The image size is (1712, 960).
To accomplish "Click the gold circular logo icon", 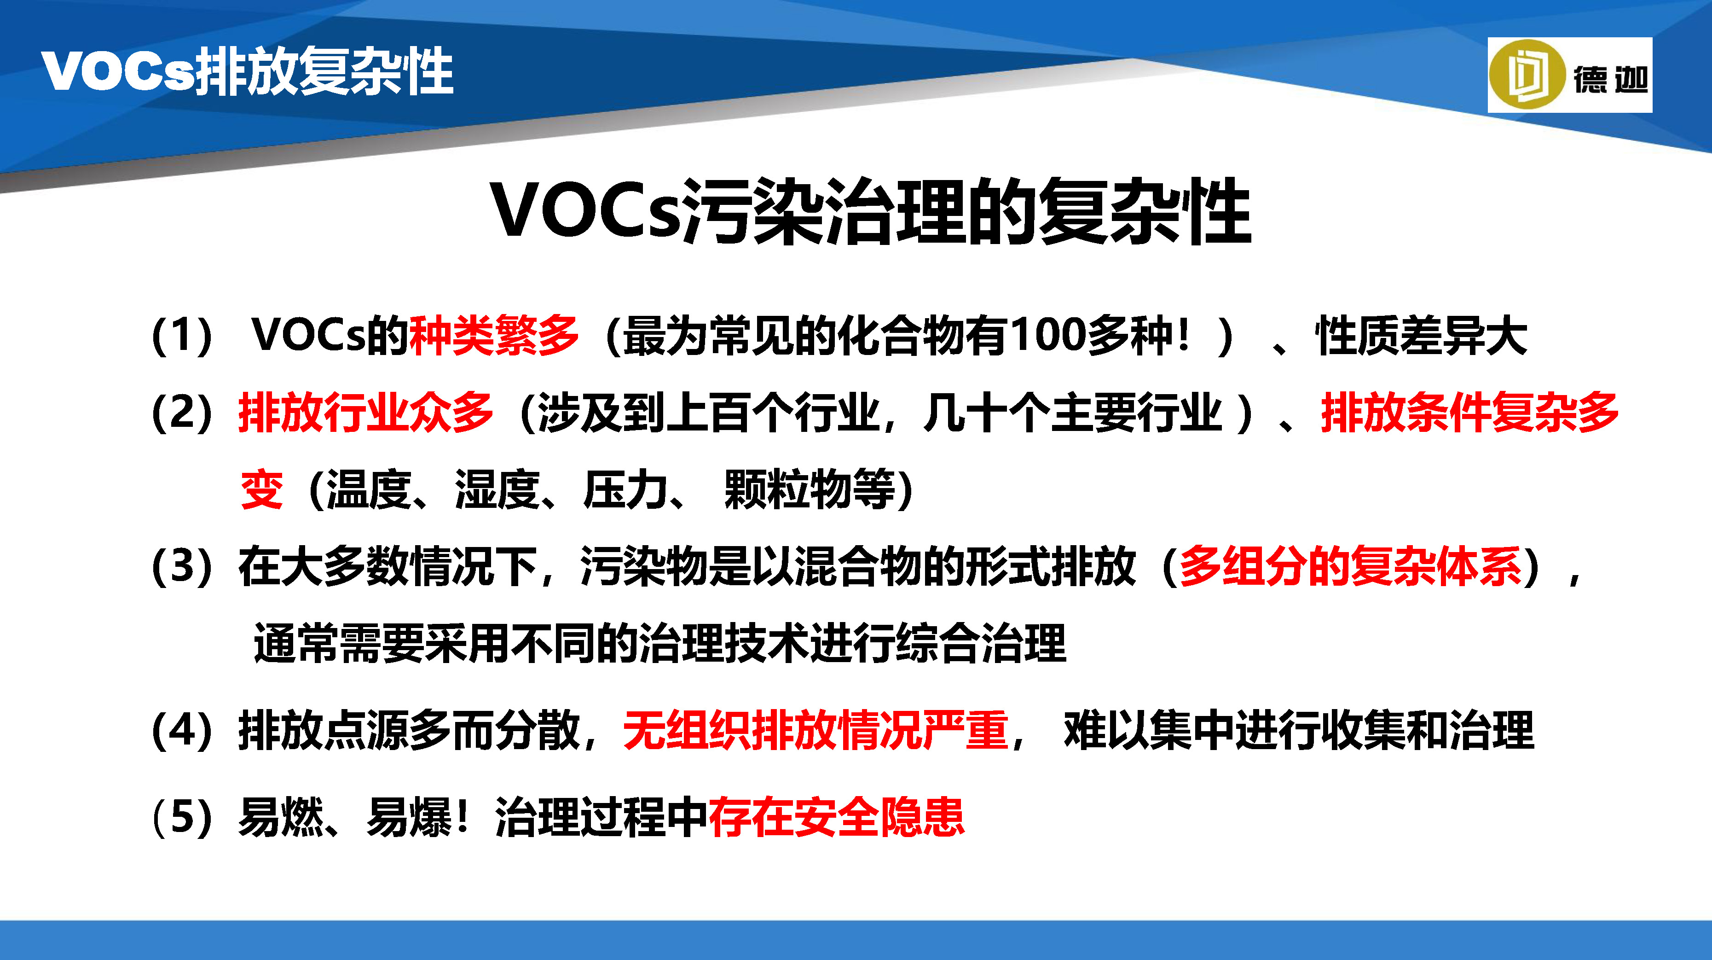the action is [x=1527, y=75].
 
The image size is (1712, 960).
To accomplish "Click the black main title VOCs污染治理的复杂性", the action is [x=871, y=211].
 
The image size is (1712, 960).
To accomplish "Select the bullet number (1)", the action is [x=183, y=336].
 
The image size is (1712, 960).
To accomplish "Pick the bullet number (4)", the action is [x=183, y=730].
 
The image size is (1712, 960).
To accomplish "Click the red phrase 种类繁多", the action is [x=494, y=335].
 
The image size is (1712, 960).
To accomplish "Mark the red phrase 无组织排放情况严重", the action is [x=816, y=730].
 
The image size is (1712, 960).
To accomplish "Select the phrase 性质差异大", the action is [x=1422, y=335].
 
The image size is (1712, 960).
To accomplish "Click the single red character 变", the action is [x=262, y=489].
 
